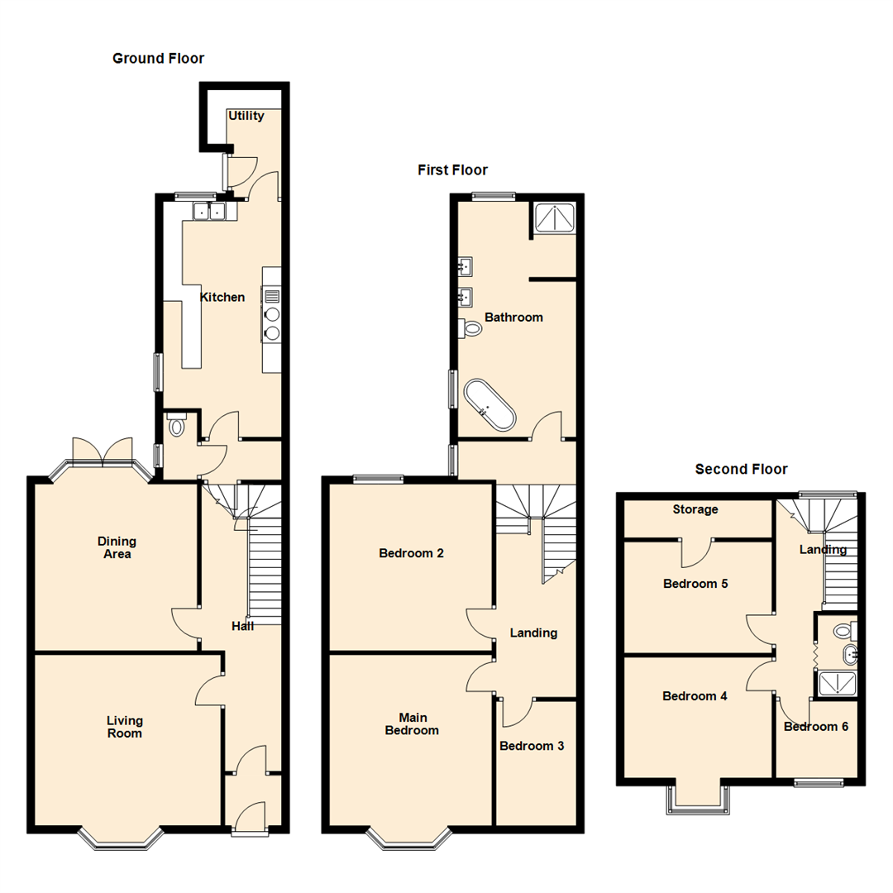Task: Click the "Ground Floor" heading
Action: coord(158,59)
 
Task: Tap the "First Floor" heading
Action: coord(452,170)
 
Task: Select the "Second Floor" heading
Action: coord(741,470)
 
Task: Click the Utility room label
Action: coord(246,116)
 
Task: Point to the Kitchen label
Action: coord(222,297)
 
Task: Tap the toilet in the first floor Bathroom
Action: coord(471,328)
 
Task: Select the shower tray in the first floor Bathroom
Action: coord(554,217)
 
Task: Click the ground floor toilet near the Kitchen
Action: coord(175,427)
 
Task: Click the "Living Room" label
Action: coord(124,727)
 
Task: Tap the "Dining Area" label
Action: coord(117,547)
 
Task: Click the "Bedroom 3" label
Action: coord(532,746)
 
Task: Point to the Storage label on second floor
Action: coord(695,509)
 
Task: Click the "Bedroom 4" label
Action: coord(695,696)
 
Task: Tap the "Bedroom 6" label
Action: coord(815,727)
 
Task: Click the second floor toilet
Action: coord(843,631)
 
